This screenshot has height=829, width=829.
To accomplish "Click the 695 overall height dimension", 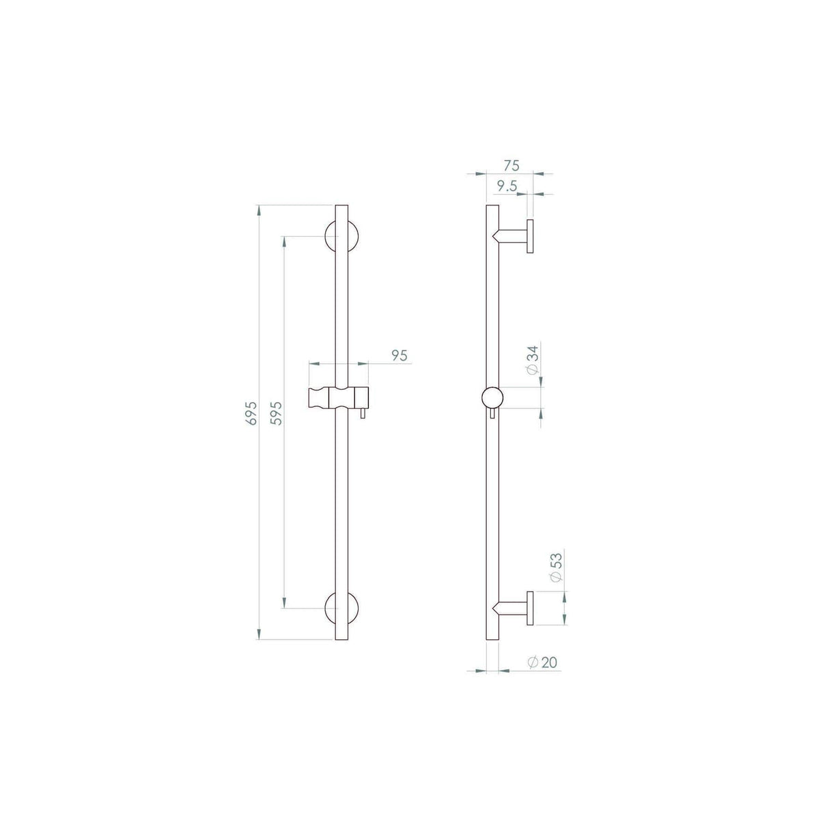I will (x=251, y=413).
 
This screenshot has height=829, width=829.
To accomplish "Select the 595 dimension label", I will (x=277, y=413).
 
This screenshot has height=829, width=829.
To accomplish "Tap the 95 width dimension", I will (x=399, y=355).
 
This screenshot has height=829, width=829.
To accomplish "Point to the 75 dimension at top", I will (x=511, y=165).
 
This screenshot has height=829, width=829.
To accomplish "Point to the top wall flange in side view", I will (x=529, y=236).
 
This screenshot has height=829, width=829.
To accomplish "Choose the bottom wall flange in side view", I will (x=529, y=607).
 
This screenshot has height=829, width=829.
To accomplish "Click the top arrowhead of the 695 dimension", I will (x=258, y=208).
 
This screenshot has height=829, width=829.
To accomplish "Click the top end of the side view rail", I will (x=492, y=206).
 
